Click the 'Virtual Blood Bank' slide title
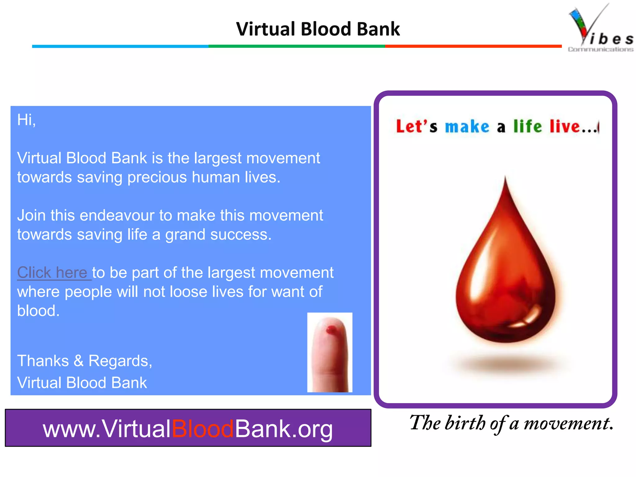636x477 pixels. [318, 29]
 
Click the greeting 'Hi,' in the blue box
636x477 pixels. [26, 120]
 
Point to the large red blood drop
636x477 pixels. [506, 273]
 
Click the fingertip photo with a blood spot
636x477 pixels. [330, 352]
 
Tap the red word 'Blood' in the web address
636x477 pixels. [202, 429]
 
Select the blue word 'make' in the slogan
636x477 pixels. [467, 127]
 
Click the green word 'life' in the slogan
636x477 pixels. [527, 126]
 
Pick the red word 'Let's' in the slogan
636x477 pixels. [416, 126]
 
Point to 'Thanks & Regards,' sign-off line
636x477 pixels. [84, 361]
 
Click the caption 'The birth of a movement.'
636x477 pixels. [511, 423]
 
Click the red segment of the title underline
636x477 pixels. [473, 46]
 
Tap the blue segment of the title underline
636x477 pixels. [120, 46]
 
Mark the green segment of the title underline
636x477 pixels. [297, 46]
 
